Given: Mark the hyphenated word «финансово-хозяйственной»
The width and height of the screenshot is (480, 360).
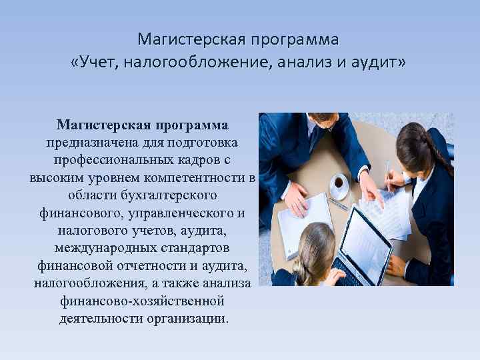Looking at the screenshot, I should tap(143, 301).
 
